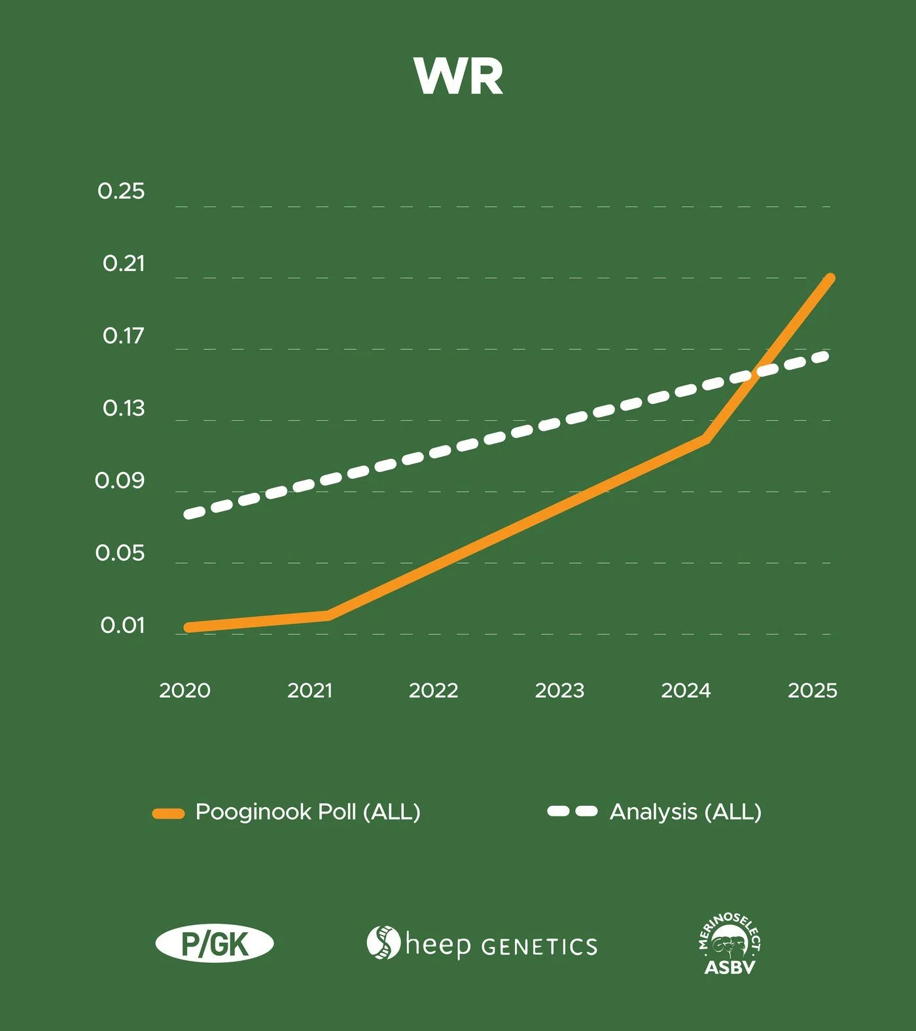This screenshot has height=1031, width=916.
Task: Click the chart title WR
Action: tap(459, 77)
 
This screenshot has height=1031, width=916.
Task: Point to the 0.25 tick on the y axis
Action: tap(121, 191)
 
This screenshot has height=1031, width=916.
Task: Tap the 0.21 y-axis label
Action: tap(124, 263)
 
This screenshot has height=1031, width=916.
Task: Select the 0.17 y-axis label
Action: tap(124, 336)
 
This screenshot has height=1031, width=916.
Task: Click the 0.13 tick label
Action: tap(124, 408)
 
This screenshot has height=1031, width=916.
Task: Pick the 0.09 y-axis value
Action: tap(120, 480)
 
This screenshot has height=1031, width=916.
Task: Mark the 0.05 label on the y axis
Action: tap(120, 553)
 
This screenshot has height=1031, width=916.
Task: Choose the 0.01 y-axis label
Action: tap(122, 625)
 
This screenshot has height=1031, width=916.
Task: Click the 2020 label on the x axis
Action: tap(185, 691)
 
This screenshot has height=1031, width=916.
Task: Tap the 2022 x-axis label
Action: tap(433, 691)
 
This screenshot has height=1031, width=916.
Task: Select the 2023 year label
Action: tap(559, 691)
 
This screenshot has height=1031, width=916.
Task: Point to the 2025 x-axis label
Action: tap(813, 691)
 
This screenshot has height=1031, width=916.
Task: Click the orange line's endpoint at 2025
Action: tap(830, 279)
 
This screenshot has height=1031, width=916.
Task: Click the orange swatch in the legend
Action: tap(168, 814)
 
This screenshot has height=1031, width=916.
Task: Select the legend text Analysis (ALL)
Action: tap(686, 812)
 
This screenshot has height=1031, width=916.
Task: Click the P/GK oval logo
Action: tap(215, 944)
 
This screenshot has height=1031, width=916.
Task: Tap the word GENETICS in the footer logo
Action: tap(539, 947)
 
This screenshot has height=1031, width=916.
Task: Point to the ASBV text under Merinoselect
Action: tap(730, 967)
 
